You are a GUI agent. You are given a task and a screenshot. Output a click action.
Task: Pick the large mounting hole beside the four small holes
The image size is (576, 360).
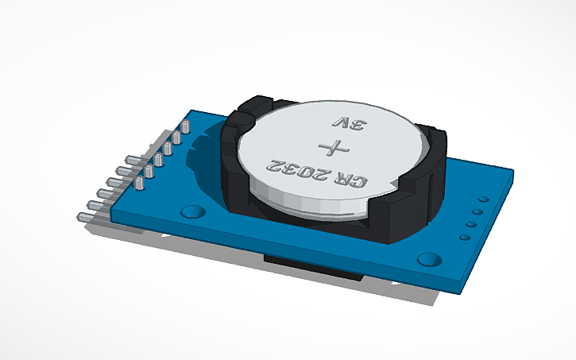(429, 259)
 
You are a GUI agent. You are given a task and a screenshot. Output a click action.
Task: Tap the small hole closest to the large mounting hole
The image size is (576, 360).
(464, 237)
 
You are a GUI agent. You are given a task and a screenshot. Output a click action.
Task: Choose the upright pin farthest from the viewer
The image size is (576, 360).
(185, 127)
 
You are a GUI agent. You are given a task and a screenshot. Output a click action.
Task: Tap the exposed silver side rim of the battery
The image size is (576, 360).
(310, 203)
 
